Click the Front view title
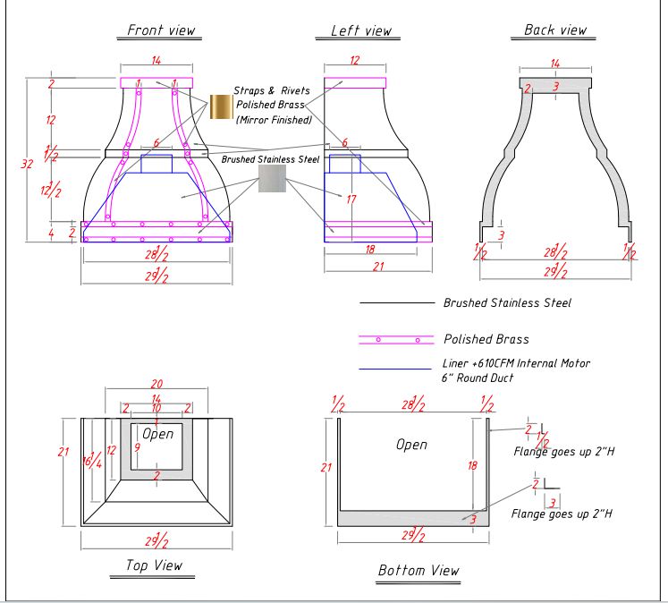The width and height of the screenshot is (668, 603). tap(161, 30)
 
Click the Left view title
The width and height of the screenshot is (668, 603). tap(361, 30)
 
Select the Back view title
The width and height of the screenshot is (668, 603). tap(555, 30)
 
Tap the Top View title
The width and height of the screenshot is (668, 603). tap(153, 565)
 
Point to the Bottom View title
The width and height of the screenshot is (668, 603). tap(419, 570)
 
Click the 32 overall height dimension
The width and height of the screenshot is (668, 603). tap(26, 163)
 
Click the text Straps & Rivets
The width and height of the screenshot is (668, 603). tap(268, 90)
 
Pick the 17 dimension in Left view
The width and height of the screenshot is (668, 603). tap(351, 200)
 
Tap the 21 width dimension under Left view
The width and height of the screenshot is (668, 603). tap(377, 266)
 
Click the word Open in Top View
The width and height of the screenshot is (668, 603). tap(157, 434)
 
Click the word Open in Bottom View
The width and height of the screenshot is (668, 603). tap(411, 444)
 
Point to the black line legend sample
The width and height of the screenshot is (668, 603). tap(396, 303)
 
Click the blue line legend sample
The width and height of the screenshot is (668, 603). tap(396, 369)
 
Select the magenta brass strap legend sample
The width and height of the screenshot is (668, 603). tap(396, 339)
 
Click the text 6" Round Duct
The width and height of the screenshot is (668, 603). tap(478, 378)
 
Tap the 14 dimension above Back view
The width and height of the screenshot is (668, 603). tap(555, 64)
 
